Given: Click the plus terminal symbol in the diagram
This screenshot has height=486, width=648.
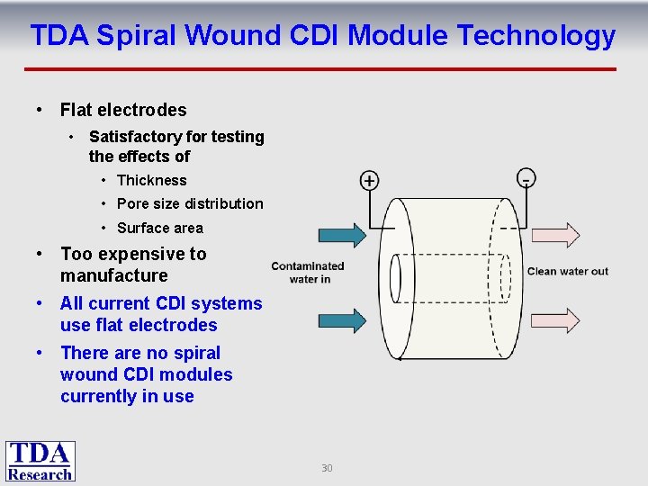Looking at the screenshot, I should click(x=369, y=181).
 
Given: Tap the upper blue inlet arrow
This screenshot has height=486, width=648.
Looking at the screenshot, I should click(x=342, y=235).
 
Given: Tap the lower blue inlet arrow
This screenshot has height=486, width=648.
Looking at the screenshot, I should click(x=342, y=320).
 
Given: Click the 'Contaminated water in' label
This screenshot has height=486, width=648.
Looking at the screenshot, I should click(x=308, y=272).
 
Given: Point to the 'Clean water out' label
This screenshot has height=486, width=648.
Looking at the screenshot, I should click(x=567, y=272).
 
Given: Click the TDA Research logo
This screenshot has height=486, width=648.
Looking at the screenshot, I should click(x=40, y=461).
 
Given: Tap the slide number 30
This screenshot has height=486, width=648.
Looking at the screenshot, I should click(x=327, y=468).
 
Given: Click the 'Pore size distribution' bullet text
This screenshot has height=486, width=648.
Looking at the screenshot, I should click(x=190, y=203).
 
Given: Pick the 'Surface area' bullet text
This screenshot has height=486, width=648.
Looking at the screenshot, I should click(x=160, y=228).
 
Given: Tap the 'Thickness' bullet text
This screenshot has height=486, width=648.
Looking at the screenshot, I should click(x=152, y=180).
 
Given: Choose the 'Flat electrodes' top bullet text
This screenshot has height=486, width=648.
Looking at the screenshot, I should click(x=123, y=110).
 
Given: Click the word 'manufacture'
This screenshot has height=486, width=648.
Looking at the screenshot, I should click(x=114, y=275).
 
